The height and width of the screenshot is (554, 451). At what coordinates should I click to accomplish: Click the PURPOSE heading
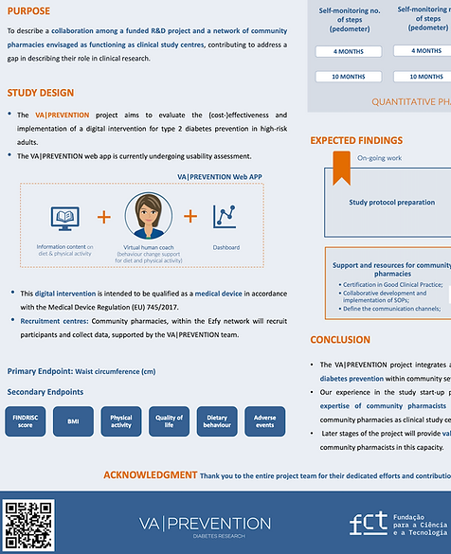click(29, 11)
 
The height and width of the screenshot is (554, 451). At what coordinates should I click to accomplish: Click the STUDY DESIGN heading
click(41, 93)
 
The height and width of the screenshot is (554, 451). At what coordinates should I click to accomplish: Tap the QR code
click(28, 524)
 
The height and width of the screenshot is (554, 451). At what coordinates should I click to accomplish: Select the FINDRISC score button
click(26, 421)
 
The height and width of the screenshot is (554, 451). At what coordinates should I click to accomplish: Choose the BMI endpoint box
click(73, 421)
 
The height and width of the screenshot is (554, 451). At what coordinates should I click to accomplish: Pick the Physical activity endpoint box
click(121, 421)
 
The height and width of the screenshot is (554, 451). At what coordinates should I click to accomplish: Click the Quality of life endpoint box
click(169, 421)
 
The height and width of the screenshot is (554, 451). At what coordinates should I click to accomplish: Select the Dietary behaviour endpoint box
click(217, 421)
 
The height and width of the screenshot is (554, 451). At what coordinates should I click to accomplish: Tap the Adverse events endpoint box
click(265, 421)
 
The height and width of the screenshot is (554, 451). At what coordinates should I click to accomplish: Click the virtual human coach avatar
click(149, 217)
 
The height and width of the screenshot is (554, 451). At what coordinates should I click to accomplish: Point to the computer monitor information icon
click(64, 220)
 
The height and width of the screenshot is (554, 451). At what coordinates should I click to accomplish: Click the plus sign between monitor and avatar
click(104, 217)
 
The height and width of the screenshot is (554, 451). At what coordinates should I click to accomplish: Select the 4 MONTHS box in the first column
click(349, 51)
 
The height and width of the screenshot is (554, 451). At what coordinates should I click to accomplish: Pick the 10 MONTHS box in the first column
click(349, 77)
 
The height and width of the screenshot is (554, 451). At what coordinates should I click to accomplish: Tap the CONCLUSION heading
click(340, 340)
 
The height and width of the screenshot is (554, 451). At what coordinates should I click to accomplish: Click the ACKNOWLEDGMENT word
click(150, 474)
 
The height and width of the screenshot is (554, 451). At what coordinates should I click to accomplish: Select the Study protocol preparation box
click(392, 202)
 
